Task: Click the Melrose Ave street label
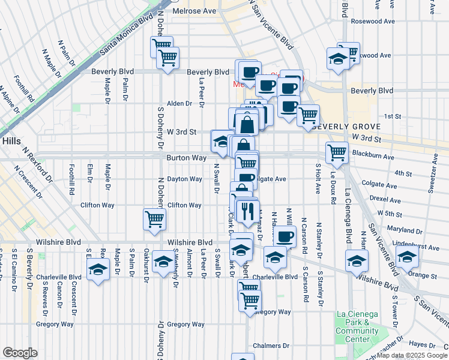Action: [x=194, y=11]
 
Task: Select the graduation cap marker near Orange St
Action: [x=407, y=256]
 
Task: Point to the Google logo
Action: [x=20, y=352]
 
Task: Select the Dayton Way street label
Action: [x=184, y=179]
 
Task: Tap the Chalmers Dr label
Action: [x=271, y=346]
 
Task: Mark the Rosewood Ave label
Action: [x=378, y=20]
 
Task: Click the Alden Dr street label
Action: [x=179, y=103]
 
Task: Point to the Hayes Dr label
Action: [x=421, y=344]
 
